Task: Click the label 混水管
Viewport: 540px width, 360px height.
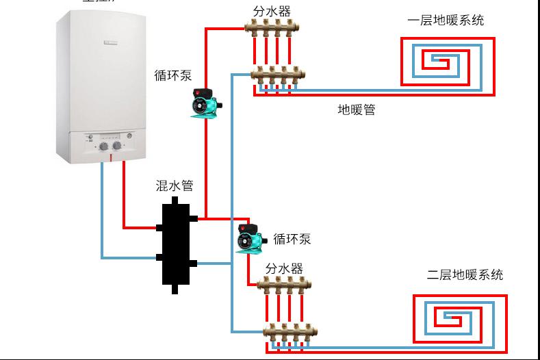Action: point(175,185)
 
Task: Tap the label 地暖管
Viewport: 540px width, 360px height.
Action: point(356,110)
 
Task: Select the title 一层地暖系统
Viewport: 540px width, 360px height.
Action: point(445,21)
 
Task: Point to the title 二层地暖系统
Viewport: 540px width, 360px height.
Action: point(465,274)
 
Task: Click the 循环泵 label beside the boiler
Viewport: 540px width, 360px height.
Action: point(173,75)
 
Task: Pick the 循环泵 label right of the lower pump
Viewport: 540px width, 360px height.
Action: point(292,239)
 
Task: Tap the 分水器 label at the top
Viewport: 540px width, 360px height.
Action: point(272,12)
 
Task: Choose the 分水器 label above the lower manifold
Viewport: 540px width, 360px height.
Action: point(284,268)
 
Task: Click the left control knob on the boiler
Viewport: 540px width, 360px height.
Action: point(103,146)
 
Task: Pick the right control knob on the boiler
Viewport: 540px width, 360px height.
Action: point(117,146)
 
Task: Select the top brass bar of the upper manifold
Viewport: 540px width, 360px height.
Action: point(272,29)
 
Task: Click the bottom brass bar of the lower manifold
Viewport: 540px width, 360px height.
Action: point(290,333)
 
